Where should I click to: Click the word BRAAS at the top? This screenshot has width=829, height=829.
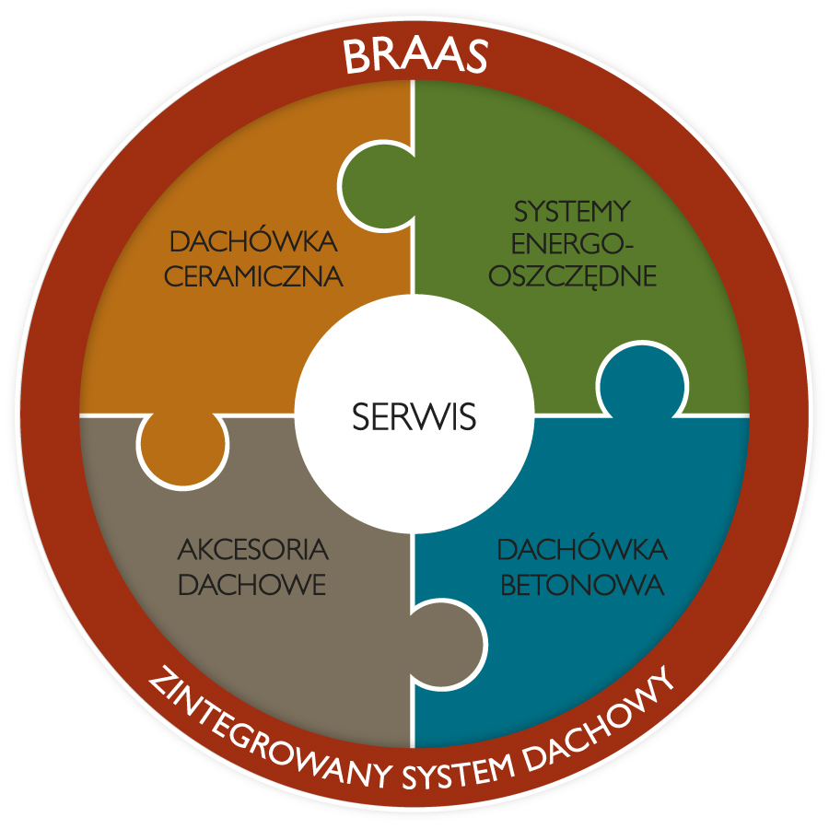click(414, 57)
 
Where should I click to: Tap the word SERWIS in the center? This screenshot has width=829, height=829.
click(414, 417)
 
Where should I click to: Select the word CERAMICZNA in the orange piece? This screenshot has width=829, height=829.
click(253, 276)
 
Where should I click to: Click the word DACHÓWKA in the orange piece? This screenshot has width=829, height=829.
click(254, 243)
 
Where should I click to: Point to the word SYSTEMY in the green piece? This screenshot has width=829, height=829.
click(572, 212)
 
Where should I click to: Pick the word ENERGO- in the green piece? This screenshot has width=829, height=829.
click(573, 244)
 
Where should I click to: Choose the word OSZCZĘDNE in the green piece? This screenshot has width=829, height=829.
click(573, 276)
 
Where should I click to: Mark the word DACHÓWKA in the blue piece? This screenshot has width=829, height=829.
click(581, 551)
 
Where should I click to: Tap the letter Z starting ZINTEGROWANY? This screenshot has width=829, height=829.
click(158, 680)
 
